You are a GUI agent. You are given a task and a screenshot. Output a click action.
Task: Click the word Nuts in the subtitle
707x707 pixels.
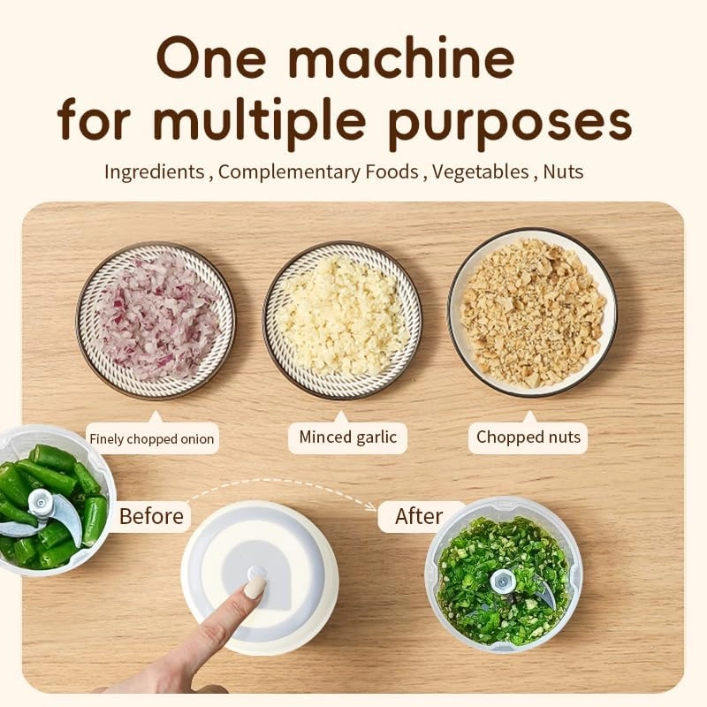[563, 171]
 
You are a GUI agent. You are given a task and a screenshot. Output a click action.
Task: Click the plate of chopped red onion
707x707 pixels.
[156, 320]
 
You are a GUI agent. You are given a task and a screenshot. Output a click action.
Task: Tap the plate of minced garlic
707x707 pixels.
[342, 320]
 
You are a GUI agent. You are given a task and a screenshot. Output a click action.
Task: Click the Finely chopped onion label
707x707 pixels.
[151, 438]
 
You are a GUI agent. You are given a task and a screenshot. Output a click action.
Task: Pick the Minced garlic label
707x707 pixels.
[347, 437]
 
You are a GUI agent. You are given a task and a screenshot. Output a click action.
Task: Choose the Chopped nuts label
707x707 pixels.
[528, 437]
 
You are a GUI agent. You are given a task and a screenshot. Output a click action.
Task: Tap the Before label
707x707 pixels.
[150, 515]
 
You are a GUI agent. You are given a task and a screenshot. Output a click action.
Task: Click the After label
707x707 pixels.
[419, 516]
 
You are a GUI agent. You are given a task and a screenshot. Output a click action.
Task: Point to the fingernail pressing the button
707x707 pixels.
[255, 587]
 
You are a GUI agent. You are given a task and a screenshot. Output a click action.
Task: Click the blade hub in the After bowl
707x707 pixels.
[504, 581]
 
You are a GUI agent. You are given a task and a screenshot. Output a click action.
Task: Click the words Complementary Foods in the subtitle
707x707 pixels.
[318, 171]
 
